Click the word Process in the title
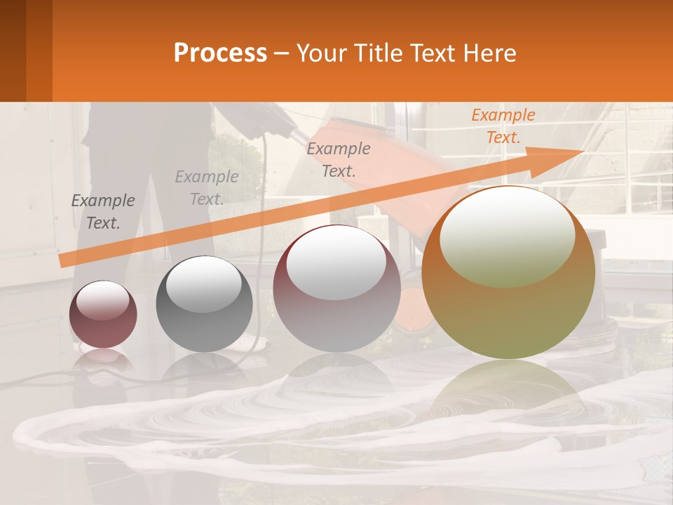(220, 53)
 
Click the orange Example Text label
(503, 126)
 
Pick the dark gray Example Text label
(103, 212)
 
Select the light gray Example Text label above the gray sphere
(207, 188)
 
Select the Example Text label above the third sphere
(339, 160)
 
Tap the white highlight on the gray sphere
(203, 284)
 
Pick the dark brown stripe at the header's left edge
(13, 50)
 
